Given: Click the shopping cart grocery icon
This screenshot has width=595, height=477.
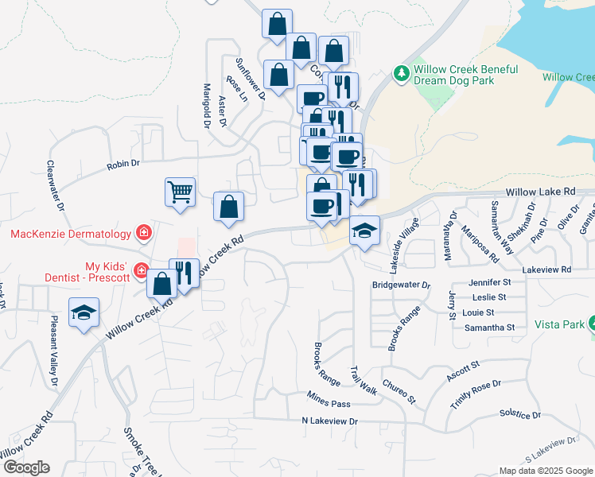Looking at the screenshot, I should tap(180, 191).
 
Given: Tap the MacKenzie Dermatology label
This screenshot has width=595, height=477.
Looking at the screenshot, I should tap(70, 234).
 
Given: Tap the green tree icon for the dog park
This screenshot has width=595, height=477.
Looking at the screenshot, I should tap(402, 75).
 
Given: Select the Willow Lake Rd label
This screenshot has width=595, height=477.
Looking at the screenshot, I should tap(541, 192).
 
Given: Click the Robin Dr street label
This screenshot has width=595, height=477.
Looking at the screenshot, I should tap(123, 164).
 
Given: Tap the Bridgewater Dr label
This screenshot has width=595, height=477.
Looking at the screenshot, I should tap(401, 285).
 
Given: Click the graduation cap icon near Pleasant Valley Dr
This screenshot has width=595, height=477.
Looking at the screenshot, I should tap(83, 313).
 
